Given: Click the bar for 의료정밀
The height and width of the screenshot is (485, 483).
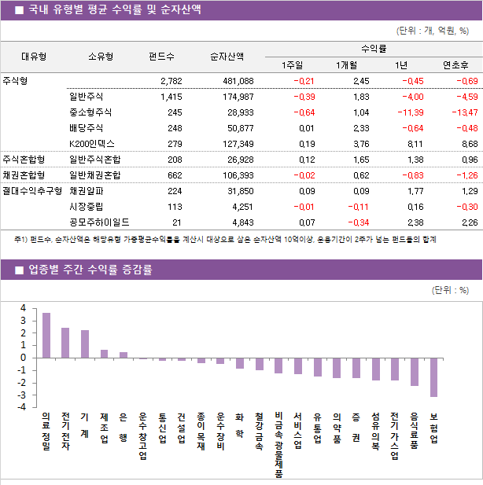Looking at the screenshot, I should click(x=46, y=335).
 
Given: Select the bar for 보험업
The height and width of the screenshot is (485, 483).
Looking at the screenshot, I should click(x=433, y=377).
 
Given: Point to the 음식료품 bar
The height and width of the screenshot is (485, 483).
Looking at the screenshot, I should click(x=415, y=371).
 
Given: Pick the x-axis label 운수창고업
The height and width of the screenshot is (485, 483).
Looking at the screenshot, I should click(x=142, y=435).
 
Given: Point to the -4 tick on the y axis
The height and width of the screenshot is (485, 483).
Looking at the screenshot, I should click(x=23, y=407).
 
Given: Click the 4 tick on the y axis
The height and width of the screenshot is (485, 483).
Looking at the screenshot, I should click(x=23, y=308).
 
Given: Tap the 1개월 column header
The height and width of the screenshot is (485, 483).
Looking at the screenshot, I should click(x=347, y=64).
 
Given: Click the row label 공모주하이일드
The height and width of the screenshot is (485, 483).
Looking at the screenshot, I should click(x=100, y=222).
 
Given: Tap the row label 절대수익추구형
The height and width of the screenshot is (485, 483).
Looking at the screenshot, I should click(x=31, y=190).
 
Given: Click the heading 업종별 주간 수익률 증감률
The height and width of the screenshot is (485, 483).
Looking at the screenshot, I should click(x=90, y=270).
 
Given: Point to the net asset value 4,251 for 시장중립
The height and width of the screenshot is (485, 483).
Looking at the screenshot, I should click(x=239, y=207).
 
